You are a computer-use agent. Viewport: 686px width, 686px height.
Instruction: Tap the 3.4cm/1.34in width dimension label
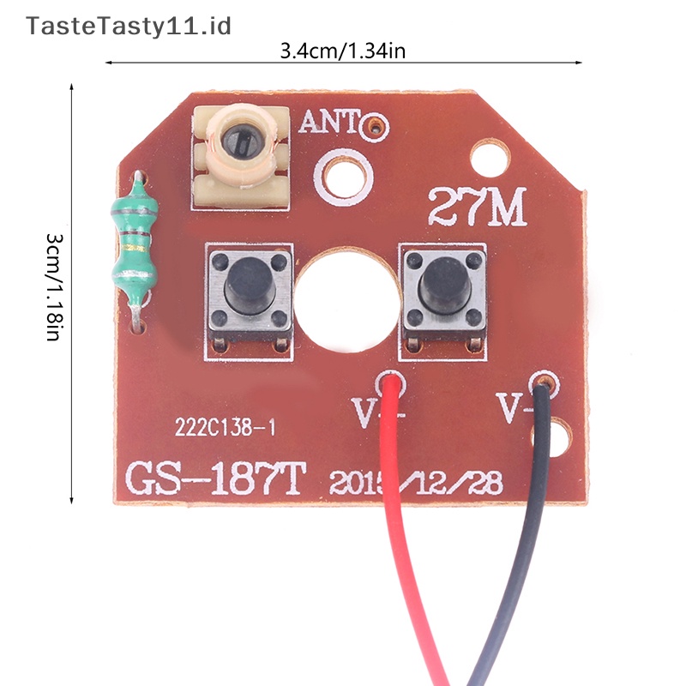click(x=342, y=51)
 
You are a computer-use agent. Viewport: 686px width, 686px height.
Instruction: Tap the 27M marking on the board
click(x=477, y=207)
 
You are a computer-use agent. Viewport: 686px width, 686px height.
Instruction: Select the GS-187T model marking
click(x=214, y=478)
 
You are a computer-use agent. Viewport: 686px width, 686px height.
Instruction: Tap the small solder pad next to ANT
click(x=372, y=130)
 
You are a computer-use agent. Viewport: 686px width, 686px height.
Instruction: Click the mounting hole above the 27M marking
click(x=491, y=158)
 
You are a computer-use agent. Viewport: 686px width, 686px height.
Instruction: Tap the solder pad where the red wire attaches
click(x=391, y=381)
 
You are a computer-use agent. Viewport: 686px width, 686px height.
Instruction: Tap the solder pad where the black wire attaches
click(x=542, y=381)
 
